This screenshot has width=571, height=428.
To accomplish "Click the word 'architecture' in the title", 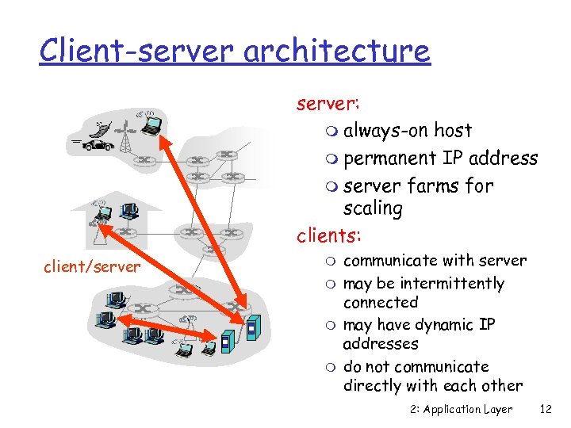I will (337, 51).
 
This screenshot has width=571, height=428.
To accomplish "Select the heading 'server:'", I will (328, 104).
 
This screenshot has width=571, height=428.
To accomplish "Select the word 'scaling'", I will (373, 208).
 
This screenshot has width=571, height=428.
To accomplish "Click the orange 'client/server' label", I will (91, 267).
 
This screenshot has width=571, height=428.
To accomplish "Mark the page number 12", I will (545, 409).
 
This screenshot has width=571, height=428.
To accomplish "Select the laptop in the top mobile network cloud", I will (151, 123).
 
